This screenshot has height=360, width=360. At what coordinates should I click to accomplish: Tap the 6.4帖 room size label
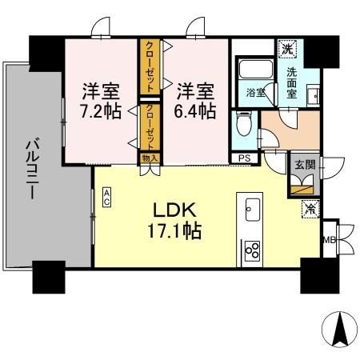tap(196, 110)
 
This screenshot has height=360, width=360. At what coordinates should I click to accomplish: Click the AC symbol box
tap(106, 197)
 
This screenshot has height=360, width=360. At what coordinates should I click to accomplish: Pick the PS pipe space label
tap(244, 158)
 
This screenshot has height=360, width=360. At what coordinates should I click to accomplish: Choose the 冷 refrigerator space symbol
tap(309, 210)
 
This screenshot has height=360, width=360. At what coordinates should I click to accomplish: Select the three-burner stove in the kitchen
tap(253, 250)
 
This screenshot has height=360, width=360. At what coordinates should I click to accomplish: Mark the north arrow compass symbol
tap(338, 330)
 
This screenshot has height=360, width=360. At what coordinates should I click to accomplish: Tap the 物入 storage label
tap(150, 158)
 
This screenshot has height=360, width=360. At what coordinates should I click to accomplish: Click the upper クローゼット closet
tap(150, 69)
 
